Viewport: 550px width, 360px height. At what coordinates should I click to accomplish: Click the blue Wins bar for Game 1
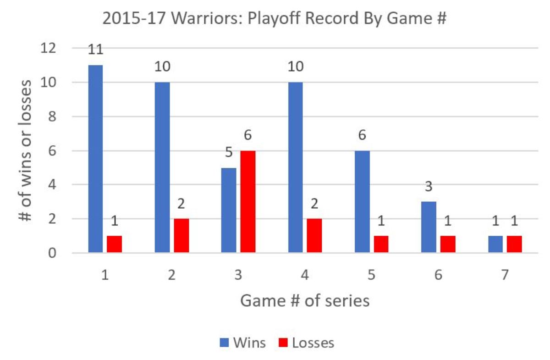95,159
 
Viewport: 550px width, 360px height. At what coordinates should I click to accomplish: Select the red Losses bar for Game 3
248,202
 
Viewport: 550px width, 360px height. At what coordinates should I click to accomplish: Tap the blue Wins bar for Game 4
296,167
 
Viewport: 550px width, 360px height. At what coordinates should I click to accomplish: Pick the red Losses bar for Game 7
514,244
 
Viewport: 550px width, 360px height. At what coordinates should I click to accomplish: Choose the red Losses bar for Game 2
181,235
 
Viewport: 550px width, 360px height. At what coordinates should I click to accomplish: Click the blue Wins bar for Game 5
362,202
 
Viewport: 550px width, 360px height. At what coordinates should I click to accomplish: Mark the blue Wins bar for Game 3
229,210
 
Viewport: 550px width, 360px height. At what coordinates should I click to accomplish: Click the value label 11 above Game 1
95,50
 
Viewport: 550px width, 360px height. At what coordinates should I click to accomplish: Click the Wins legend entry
243,343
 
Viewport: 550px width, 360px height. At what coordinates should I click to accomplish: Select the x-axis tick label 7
504,276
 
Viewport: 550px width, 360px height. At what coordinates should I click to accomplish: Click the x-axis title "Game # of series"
305,301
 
